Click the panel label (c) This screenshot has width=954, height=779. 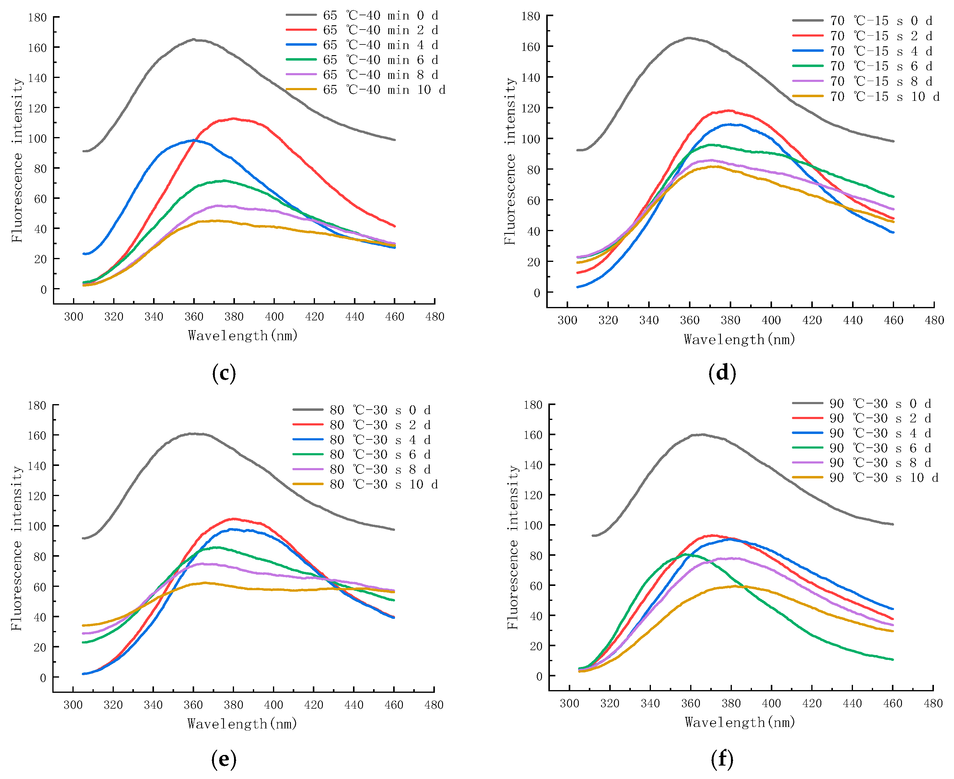224,373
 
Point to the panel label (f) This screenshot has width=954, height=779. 722,759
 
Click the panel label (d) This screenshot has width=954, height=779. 722,373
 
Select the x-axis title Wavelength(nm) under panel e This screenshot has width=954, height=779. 243,724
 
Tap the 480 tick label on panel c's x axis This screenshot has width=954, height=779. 435,317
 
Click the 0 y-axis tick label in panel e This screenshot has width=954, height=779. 43,678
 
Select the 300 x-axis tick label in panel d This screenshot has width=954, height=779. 567,320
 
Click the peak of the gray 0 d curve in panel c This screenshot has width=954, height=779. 194,40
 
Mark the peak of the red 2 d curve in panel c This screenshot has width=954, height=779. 234,118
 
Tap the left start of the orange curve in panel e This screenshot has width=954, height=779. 83,626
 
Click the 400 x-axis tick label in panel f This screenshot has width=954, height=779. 771,703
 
